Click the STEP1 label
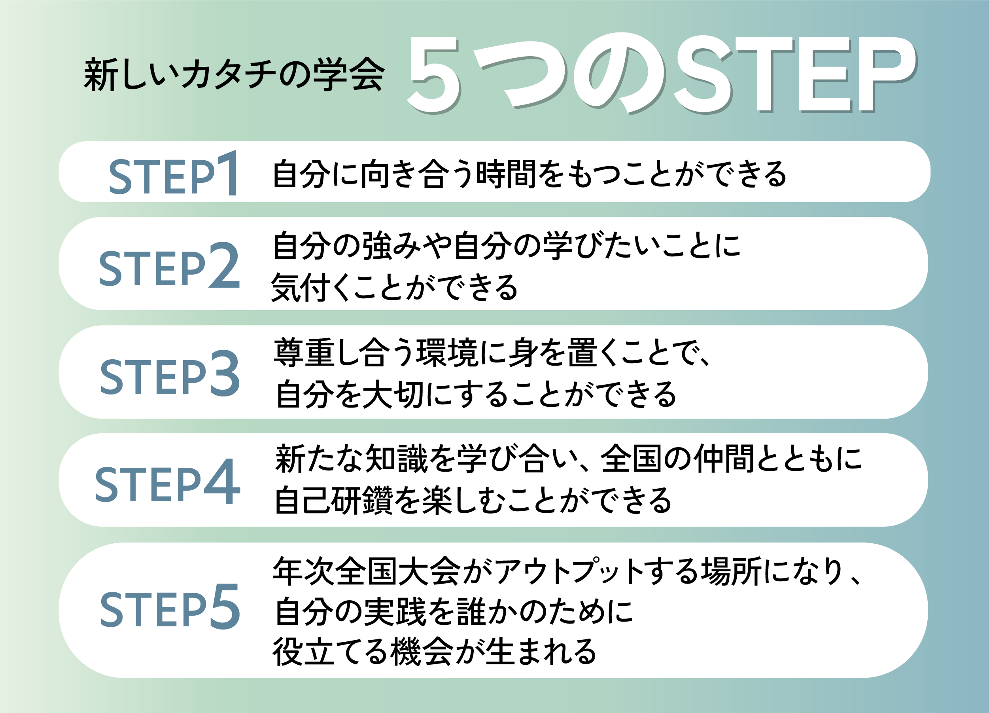[174, 173]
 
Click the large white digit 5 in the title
[434, 74]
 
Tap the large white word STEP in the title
[794, 74]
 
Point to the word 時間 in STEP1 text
[506, 174]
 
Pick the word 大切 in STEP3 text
[392, 394]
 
